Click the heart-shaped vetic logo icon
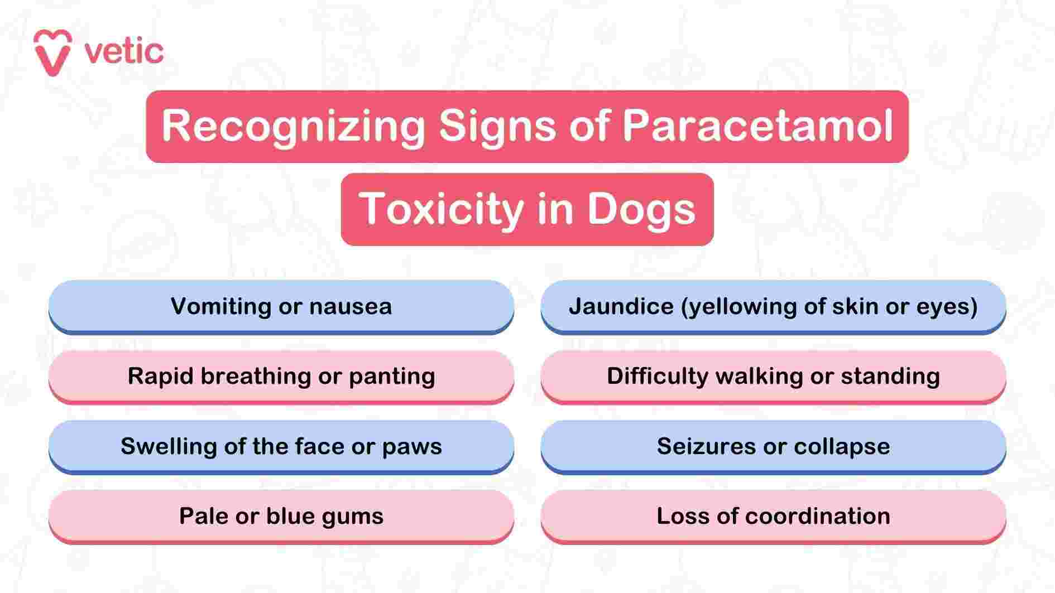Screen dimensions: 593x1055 click(52, 52)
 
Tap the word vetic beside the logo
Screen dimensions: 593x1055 click(124, 52)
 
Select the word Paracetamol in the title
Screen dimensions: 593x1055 click(757, 126)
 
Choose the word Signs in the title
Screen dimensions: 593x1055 click(497, 126)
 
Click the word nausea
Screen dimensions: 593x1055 click(351, 306)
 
